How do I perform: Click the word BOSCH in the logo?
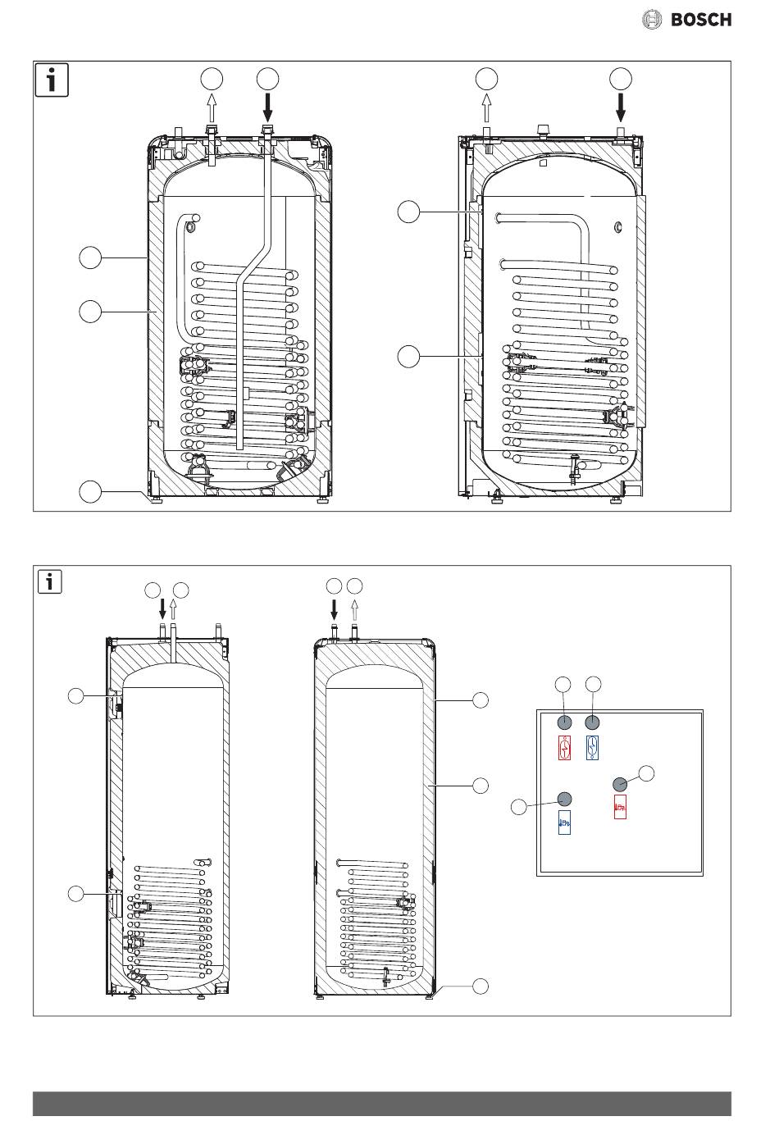click(701, 20)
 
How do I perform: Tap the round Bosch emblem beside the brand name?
click(652, 20)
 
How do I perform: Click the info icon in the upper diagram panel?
click(52, 80)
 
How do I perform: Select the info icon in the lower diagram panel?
click(49, 582)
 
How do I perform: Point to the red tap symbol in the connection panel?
click(620, 807)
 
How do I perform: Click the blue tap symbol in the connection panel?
click(564, 823)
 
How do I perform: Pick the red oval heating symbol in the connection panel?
click(564, 748)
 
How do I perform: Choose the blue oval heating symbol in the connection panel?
click(592, 748)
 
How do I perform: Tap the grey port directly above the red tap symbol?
click(620, 784)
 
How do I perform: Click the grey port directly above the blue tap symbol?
click(564, 799)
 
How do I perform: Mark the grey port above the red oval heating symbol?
click(564, 722)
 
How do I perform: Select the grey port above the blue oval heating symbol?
click(592, 722)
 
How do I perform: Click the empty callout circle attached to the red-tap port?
click(646, 773)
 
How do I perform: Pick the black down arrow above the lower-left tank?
click(162, 610)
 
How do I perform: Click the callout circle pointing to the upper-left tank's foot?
click(90, 492)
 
